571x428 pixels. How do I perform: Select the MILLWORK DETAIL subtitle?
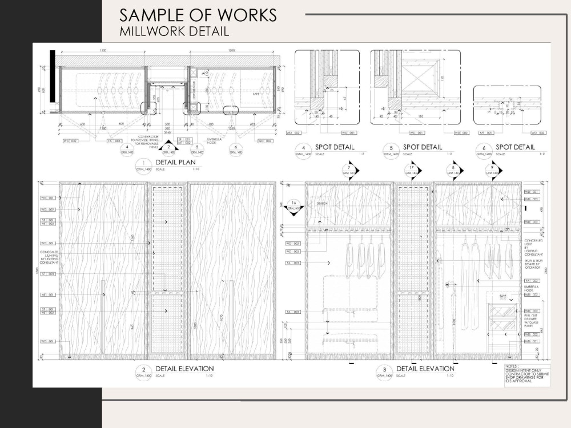[x=174, y=31]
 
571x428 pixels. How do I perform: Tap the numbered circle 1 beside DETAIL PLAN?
[x=140, y=166]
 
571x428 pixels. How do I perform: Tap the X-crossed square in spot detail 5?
[x=419, y=77]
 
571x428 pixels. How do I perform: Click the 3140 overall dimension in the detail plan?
[x=167, y=132]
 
